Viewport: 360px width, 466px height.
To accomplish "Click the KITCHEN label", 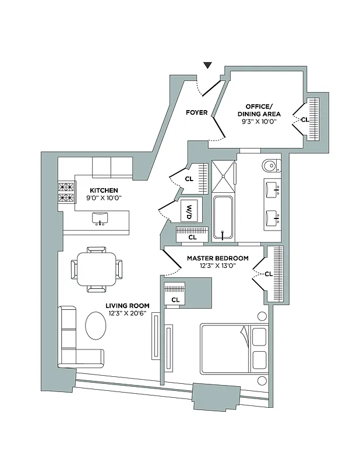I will click(x=104, y=190).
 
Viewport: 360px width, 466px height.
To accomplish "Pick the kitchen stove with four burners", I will click(x=66, y=193).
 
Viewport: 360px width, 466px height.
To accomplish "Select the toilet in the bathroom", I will click(x=270, y=167).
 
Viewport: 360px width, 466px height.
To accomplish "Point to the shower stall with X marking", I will click(x=223, y=176).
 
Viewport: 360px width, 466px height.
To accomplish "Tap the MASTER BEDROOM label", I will click(x=217, y=258).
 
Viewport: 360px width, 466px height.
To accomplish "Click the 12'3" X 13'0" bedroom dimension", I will click(x=217, y=267).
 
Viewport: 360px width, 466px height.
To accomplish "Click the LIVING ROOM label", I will click(x=128, y=305).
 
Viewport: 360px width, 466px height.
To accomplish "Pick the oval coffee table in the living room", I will click(x=96, y=326).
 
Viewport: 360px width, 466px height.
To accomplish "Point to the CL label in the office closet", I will click(x=304, y=119).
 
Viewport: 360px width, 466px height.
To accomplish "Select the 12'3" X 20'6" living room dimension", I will click(x=128, y=314).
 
